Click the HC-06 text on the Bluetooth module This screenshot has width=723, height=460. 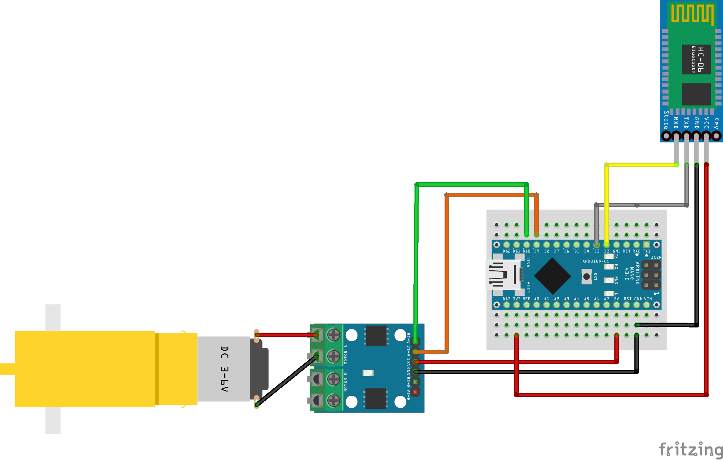[x=700, y=59]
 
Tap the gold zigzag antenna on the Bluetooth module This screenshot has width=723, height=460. [x=692, y=14]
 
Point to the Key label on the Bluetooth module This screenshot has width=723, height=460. [x=716, y=123]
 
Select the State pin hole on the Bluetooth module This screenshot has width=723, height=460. [x=666, y=136]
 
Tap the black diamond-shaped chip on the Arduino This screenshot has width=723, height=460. [x=552, y=276]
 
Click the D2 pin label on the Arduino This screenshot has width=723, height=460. [x=607, y=251]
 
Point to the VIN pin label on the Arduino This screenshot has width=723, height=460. [x=648, y=299]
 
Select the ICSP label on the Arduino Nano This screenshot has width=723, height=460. [x=656, y=257]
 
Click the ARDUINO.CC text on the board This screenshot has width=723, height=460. [x=595, y=261]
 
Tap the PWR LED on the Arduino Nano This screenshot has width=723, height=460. [x=608, y=280]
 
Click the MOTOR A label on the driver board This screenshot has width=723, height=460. [x=346, y=355]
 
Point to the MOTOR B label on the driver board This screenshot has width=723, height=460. [x=346, y=382]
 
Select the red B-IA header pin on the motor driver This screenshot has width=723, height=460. [x=415, y=391]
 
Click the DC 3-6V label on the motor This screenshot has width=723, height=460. [x=225, y=369]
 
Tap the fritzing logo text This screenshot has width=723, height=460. [x=691, y=450]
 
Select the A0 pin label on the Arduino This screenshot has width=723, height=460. [x=537, y=299]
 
